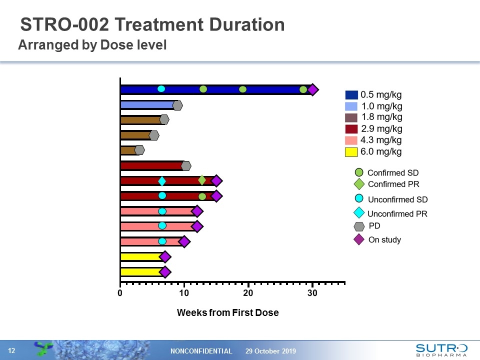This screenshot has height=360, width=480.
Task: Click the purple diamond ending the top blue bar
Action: coord(312,89)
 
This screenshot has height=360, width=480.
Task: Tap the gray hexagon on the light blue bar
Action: coord(177,105)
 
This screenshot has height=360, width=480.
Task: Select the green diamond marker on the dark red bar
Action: coord(202,180)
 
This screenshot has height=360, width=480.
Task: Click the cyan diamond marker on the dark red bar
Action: coord(162,181)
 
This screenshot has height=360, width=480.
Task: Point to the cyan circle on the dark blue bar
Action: coord(161,89)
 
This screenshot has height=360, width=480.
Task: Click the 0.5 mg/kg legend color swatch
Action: coord(351,95)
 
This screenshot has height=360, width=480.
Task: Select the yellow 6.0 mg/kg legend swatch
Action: coord(351,151)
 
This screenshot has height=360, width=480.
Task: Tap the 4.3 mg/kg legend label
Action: coord(381,140)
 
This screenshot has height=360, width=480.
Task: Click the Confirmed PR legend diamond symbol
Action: coord(359,184)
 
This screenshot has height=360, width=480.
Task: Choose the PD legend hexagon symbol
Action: coord(359,226)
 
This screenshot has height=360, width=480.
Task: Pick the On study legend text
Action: coord(384,240)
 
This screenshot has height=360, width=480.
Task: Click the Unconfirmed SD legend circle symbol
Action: coord(359,198)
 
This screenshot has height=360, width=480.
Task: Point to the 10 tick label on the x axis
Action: coord(184,293)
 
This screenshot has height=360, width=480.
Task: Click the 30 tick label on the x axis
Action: coord(312,293)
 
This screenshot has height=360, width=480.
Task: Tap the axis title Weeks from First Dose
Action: coord(227,313)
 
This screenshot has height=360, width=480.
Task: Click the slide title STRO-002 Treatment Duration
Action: coord(152,24)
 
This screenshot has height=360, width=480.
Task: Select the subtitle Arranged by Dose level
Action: coord(92,45)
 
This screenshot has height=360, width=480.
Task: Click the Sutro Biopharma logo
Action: coord(441,349)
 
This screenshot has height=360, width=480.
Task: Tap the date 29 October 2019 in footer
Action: coord(270,351)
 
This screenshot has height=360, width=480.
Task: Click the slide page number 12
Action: coord(11,351)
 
